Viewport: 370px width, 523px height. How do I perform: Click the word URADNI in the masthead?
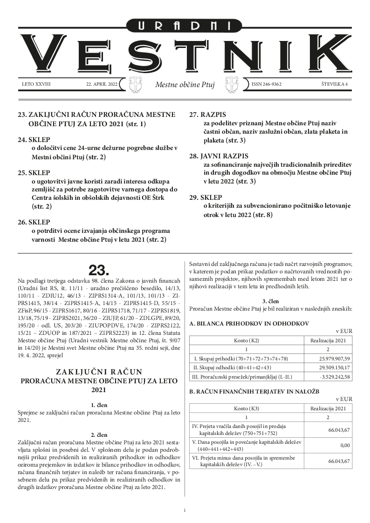click(x=185, y=26)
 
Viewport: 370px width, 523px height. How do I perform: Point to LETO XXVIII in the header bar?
click(x=36, y=84)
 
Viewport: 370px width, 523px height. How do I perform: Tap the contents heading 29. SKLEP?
click(x=205, y=197)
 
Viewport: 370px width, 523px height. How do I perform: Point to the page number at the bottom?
click(x=185, y=511)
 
